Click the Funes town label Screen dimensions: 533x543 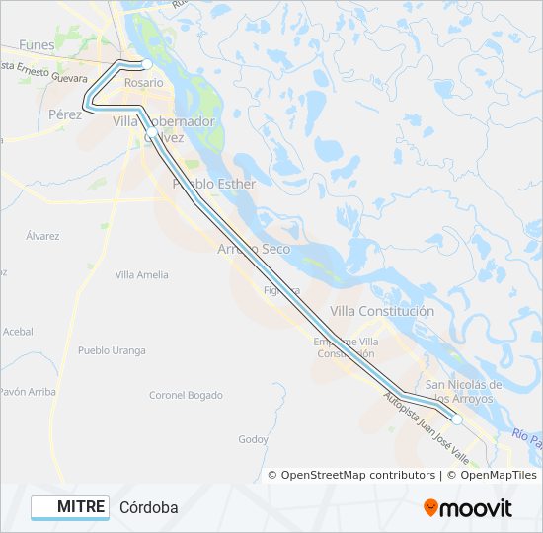37,45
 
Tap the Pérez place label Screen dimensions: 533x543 65,114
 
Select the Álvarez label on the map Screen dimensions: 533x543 43,236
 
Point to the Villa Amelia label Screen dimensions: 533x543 142,275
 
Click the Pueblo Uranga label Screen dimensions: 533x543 112,350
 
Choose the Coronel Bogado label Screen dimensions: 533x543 186,395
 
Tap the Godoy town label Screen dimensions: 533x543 254,439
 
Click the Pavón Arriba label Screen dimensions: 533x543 28,392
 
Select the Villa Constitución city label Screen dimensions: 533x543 382,311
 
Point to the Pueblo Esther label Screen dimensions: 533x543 214,184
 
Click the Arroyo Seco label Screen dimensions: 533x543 254,249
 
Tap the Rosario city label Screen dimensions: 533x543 143,83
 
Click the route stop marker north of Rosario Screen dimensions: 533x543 146,64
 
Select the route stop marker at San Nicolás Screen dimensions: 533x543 457,419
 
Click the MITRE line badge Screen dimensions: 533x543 69,507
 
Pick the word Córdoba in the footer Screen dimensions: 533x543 149,507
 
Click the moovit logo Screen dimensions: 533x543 468,508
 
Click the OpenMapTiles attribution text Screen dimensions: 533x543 491,475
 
